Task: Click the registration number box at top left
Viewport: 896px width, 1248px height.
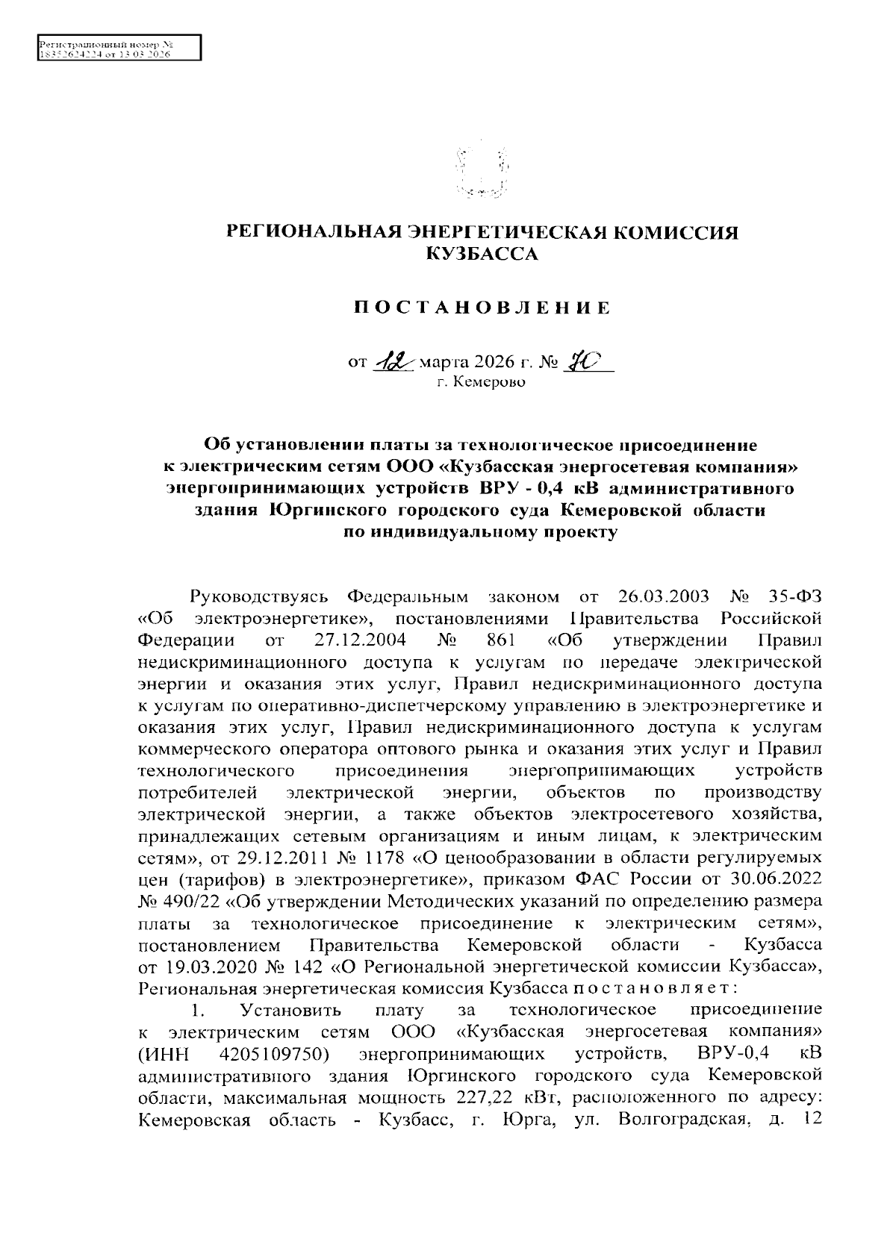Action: tap(118, 47)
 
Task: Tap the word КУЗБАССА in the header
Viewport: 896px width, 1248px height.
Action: tap(482, 255)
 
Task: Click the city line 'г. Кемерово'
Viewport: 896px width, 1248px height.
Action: tap(482, 384)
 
